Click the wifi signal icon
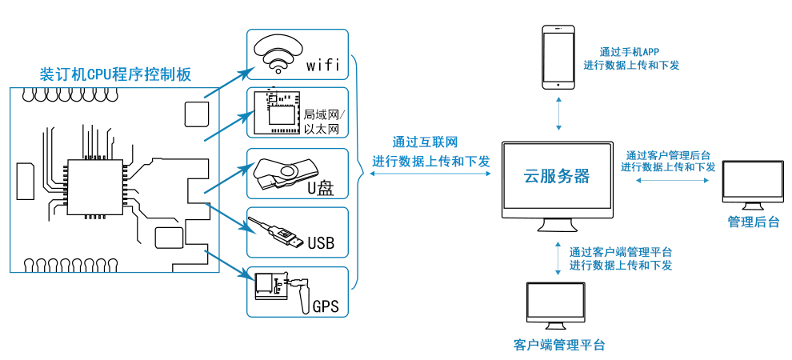pyautogui.click(x=278, y=53)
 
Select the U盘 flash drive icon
pyautogui.click(x=286, y=174)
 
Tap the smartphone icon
pyautogui.click(x=558, y=57)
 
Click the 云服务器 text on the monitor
pyautogui.click(x=558, y=176)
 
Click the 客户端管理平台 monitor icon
pyautogui.click(x=556, y=307)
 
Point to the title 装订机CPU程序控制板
pyautogui.click(x=116, y=74)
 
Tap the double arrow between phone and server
pyautogui.click(x=558, y=114)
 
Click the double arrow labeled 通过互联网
pyautogui.click(x=430, y=174)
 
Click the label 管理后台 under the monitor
pyautogui.click(x=753, y=222)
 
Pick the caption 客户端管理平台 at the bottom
pyautogui.click(x=558, y=346)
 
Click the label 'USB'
pyautogui.click(x=321, y=243)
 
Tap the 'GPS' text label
pyautogui.click(x=326, y=306)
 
